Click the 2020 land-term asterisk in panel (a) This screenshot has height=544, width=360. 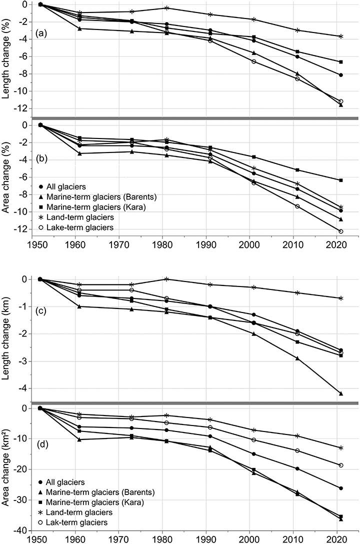click(x=340, y=36)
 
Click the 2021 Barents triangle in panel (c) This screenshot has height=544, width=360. click(x=340, y=393)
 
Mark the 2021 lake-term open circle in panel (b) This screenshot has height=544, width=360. click(x=340, y=231)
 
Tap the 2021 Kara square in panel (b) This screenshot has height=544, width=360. click(x=340, y=180)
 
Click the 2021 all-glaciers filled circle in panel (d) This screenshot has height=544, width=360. click(x=340, y=488)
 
